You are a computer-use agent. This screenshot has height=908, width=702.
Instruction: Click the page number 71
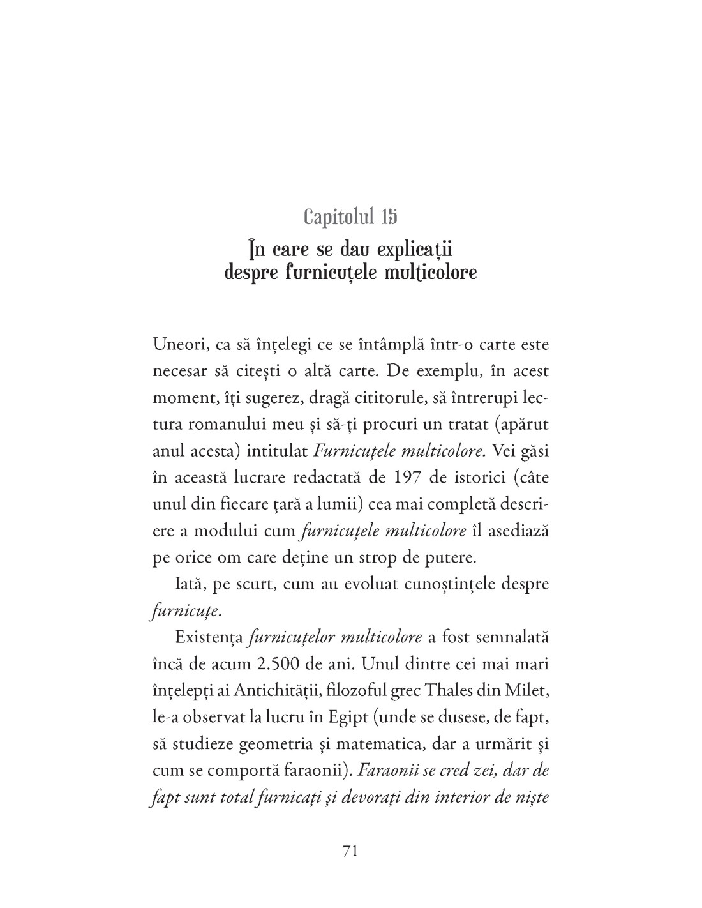click(x=351, y=851)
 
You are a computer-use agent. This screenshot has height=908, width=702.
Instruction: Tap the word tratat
click(x=465, y=425)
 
